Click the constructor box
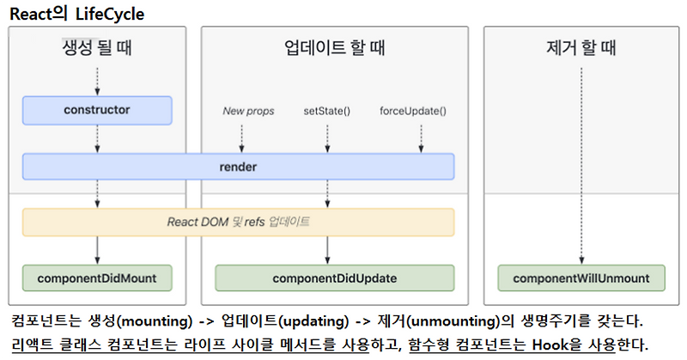[x=97, y=110]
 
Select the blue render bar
[x=238, y=166]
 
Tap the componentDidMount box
[x=97, y=278]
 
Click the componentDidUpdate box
[x=333, y=278]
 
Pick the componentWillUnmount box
[x=581, y=278]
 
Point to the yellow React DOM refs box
[x=238, y=222]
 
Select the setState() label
[x=326, y=111]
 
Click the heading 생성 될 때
[x=97, y=48]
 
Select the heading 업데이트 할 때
[x=334, y=48]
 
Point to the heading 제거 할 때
[x=581, y=48]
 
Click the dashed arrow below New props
[x=241, y=137]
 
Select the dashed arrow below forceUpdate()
[x=421, y=137]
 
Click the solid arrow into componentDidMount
[x=97, y=250]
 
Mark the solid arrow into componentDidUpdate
[x=327, y=250]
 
